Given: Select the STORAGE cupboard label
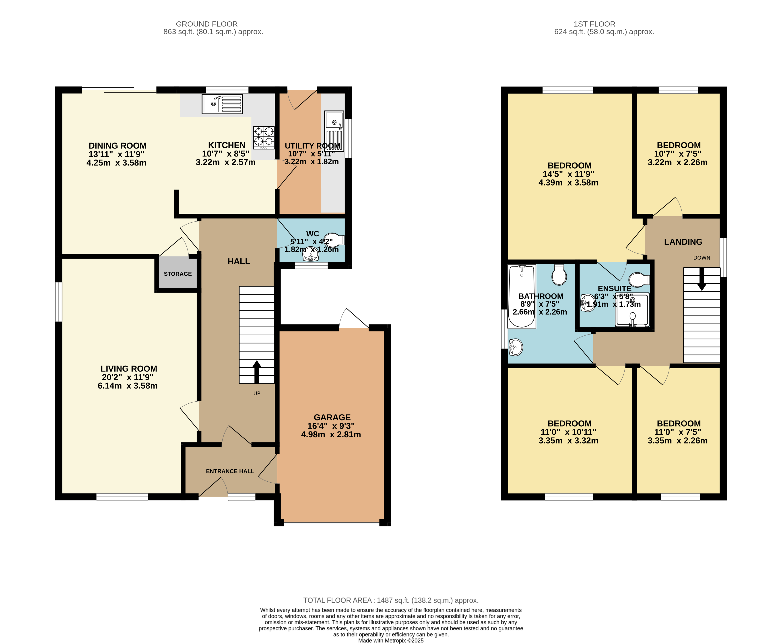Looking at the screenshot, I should (178, 274).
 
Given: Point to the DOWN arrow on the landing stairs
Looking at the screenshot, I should (702, 279).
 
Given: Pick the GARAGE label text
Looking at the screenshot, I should (332, 417).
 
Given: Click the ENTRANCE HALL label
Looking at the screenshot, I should (230, 471).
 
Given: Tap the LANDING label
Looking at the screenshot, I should (683, 242).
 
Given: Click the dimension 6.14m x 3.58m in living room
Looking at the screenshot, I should (128, 386).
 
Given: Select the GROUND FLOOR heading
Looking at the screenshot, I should (207, 24).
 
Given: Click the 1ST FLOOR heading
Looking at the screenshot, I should (594, 24).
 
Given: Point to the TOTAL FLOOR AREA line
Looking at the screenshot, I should (391, 600).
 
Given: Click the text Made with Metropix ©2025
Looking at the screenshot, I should (391, 640).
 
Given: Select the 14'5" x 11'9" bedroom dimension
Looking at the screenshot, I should (568, 174).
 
